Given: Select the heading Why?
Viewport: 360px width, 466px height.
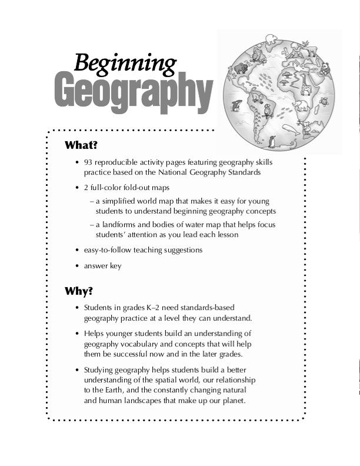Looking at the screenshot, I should point(79,291).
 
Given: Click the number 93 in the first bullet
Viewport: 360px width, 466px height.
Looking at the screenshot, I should point(88,162).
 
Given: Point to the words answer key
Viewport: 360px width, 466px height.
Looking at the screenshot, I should point(102,266).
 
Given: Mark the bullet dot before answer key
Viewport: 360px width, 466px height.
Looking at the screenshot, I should point(77,267).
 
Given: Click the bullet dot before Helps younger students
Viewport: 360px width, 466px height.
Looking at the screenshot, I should point(77,334).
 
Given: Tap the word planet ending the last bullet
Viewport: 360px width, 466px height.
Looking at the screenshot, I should point(231,401).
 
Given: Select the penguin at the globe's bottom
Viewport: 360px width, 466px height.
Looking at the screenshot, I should point(272,141).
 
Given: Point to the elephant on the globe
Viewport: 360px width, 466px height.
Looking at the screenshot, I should point(302,106).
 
